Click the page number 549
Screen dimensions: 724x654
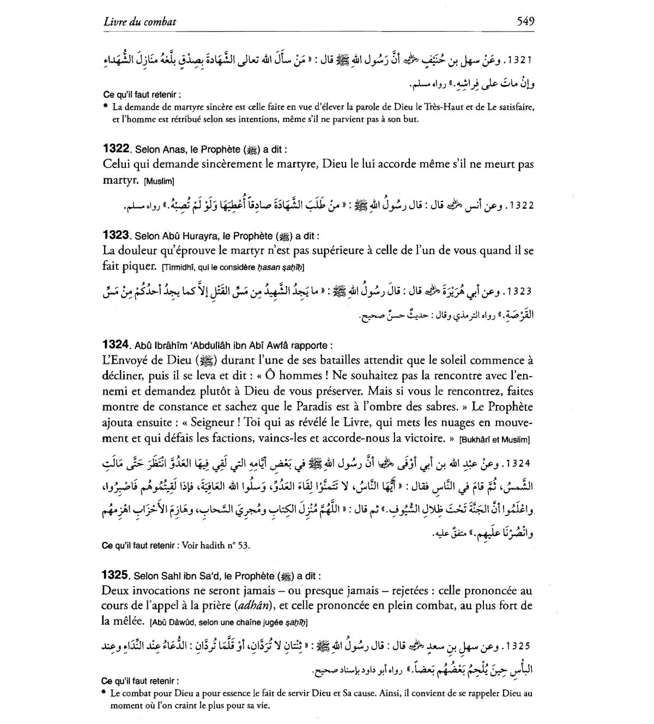[525, 22]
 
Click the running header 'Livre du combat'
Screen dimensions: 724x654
[140, 22]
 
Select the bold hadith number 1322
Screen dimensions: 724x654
[115, 149]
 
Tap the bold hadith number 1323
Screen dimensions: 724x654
[115, 236]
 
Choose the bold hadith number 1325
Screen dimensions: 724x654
[115, 575]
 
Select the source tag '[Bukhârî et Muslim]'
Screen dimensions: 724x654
[494, 439]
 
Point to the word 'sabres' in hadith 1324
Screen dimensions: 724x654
[434, 407]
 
